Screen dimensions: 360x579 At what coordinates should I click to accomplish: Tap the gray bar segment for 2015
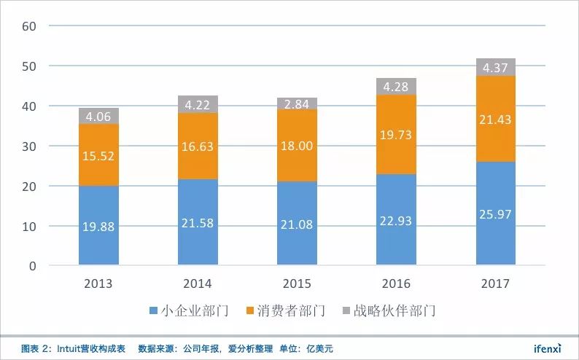[x=297, y=103]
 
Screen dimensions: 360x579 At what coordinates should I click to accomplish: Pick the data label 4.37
[x=496, y=68]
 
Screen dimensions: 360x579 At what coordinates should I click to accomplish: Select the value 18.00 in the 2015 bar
[x=297, y=146]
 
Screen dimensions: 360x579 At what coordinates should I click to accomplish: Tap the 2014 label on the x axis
[x=198, y=283]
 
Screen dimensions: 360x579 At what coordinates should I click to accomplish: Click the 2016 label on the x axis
[x=397, y=283]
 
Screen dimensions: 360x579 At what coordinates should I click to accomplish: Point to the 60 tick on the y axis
[x=29, y=26]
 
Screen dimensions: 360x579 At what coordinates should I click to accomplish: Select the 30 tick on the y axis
[x=29, y=146]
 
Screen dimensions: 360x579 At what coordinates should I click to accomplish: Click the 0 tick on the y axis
[x=33, y=266]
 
